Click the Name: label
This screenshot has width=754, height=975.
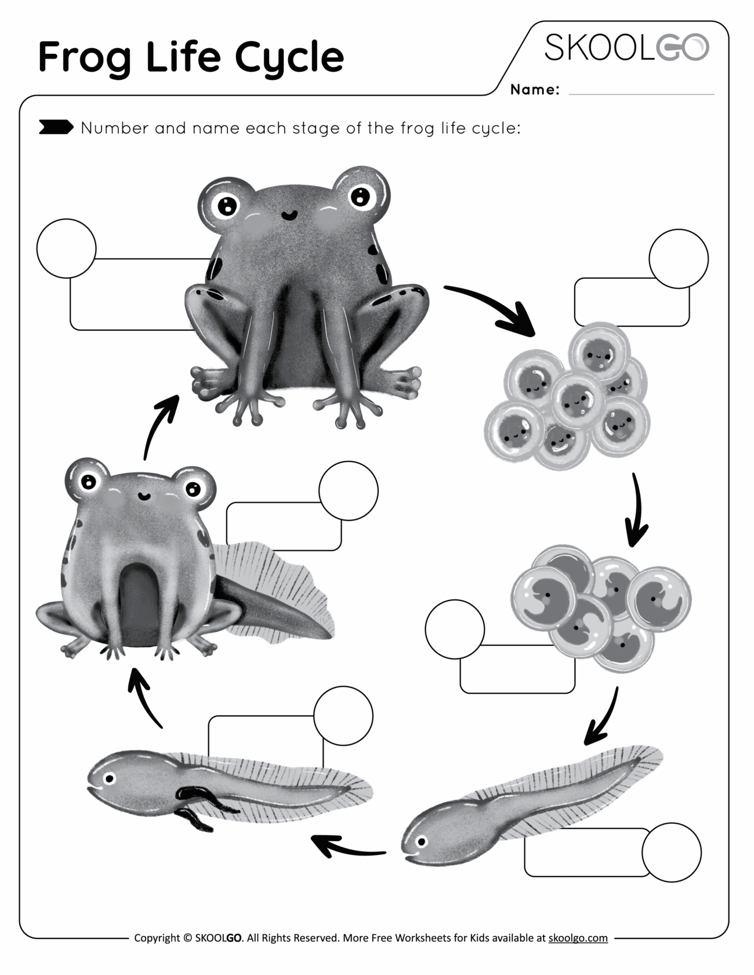pos(534,90)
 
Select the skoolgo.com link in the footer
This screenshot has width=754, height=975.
pos(578,937)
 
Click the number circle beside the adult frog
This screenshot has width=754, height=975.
pos(66,248)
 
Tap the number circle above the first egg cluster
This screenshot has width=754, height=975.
pos(678,259)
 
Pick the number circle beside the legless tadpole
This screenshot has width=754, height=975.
pos(671,852)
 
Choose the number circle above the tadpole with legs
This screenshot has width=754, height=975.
pos(343,716)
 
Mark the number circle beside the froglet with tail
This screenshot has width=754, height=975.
pos(349,490)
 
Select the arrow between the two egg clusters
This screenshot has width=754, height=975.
pos(636,510)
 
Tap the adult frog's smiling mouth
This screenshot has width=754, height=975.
pos(288,216)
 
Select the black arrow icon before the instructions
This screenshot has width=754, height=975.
pos(56,127)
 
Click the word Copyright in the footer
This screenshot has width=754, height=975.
pos(157,937)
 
